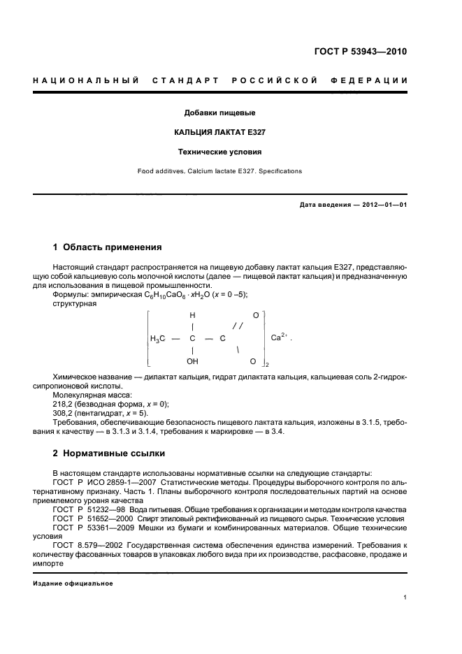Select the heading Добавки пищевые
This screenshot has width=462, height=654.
tap(219, 112)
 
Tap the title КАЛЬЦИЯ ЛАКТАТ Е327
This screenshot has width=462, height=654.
tap(219, 132)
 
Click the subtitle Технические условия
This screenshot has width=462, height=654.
tap(219, 152)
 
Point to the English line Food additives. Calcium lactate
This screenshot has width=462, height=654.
tap(219, 170)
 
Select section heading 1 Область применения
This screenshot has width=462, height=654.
tap(108, 247)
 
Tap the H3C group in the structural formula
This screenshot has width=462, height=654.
tap(158, 339)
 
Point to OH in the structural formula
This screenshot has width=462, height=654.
tap(192, 362)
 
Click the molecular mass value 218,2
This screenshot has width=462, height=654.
tap(62, 404)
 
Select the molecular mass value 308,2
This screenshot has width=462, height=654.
tap(62, 413)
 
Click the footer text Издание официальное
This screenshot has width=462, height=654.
tap(73, 584)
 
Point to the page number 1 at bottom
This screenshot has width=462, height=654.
tap(405, 597)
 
